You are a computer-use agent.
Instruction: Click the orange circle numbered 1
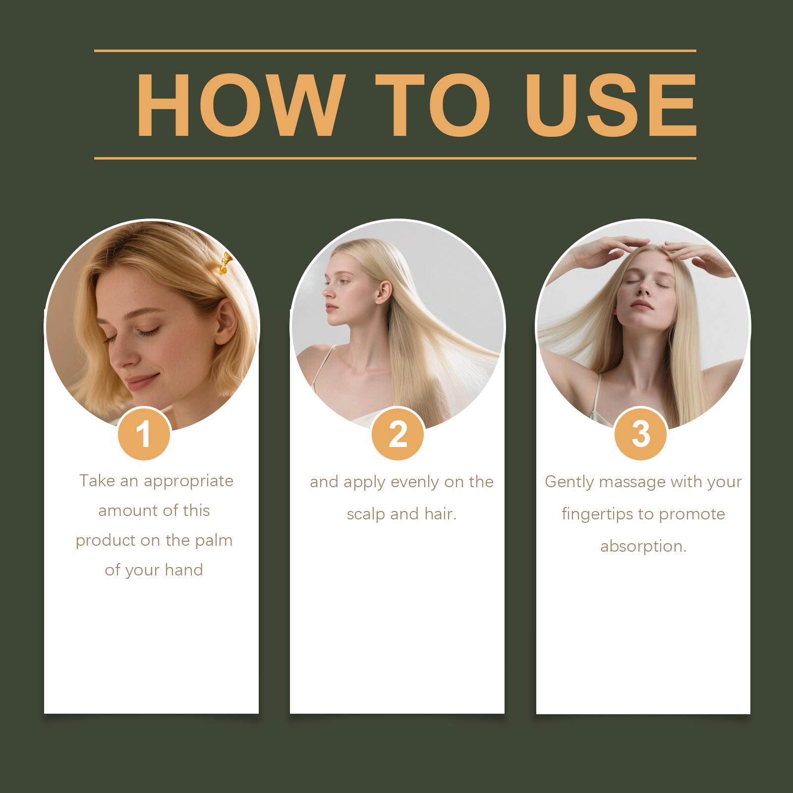point(144,435)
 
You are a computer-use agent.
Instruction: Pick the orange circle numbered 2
point(397,435)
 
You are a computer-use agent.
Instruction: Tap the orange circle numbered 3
point(641,435)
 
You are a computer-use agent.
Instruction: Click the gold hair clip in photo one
point(225,263)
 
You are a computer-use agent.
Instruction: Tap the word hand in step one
point(184,570)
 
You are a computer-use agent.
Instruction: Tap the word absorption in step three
point(643,547)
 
